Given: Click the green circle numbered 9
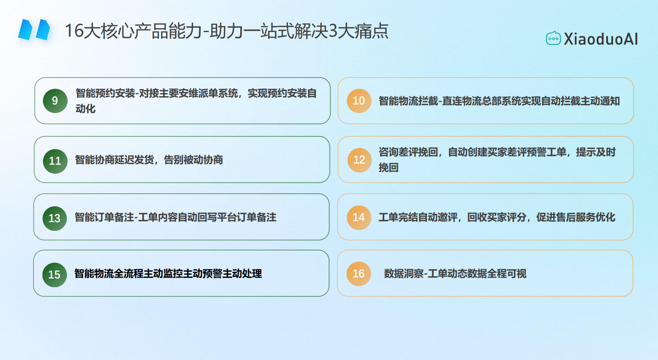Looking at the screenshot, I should pyautogui.click(x=55, y=101).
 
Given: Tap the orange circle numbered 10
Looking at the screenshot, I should pyautogui.click(x=359, y=101).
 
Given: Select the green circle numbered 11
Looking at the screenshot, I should pyautogui.click(x=55, y=161).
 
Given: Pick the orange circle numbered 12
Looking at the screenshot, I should pyautogui.click(x=359, y=160).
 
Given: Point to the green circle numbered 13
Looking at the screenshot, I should pyautogui.click(x=55, y=218).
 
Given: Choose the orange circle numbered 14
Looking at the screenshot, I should pyautogui.click(x=359, y=217).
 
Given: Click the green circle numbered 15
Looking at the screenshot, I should pyautogui.click(x=54, y=275).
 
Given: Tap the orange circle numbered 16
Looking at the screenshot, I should pyautogui.click(x=359, y=274).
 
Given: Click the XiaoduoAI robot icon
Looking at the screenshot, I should pyautogui.click(x=553, y=38).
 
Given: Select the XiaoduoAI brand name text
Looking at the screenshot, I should pyautogui.click(x=601, y=39).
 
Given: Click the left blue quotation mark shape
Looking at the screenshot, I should pyautogui.click(x=25, y=30).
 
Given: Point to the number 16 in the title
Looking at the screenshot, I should pyautogui.click(x=74, y=31).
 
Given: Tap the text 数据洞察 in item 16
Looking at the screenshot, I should pyautogui.click(x=404, y=274).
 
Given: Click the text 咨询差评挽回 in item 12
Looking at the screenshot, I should pyautogui.click(x=408, y=152).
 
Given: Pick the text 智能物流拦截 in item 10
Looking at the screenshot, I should pyautogui.click(x=408, y=101).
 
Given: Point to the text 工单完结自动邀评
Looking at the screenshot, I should pyautogui.click(x=418, y=217).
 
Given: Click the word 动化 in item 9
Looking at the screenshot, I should pyautogui.click(x=86, y=109).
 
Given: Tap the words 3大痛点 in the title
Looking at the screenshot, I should pyautogui.click(x=358, y=31).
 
